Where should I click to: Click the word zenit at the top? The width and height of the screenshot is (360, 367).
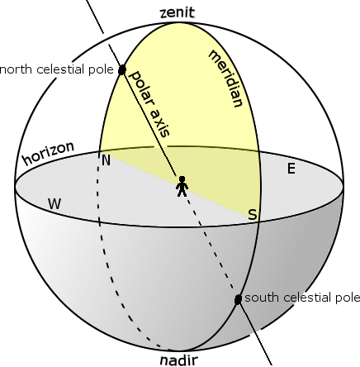click(x=178, y=12)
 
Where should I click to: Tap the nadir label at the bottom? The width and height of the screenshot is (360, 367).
click(x=179, y=360)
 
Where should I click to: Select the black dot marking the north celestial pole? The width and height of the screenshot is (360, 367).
click(x=122, y=69)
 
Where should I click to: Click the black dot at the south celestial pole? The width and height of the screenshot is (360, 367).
click(x=238, y=299)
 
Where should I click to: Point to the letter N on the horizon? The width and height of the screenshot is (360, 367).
click(x=106, y=160)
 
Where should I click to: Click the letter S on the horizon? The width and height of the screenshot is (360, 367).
click(x=253, y=214)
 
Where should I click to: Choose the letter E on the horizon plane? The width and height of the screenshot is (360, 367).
click(x=291, y=169)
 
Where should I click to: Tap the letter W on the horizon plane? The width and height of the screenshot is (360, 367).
click(x=54, y=204)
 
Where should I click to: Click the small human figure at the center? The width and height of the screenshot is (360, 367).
click(x=182, y=186)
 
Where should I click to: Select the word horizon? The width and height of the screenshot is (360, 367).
click(x=49, y=153)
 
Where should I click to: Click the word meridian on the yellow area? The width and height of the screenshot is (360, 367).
click(x=226, y=79)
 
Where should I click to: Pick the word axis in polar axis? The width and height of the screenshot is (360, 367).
click(x=159, y=122)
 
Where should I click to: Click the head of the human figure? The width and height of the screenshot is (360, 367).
click(x=182, y=179)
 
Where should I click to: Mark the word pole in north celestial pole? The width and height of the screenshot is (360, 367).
click(x=101, y=70)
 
